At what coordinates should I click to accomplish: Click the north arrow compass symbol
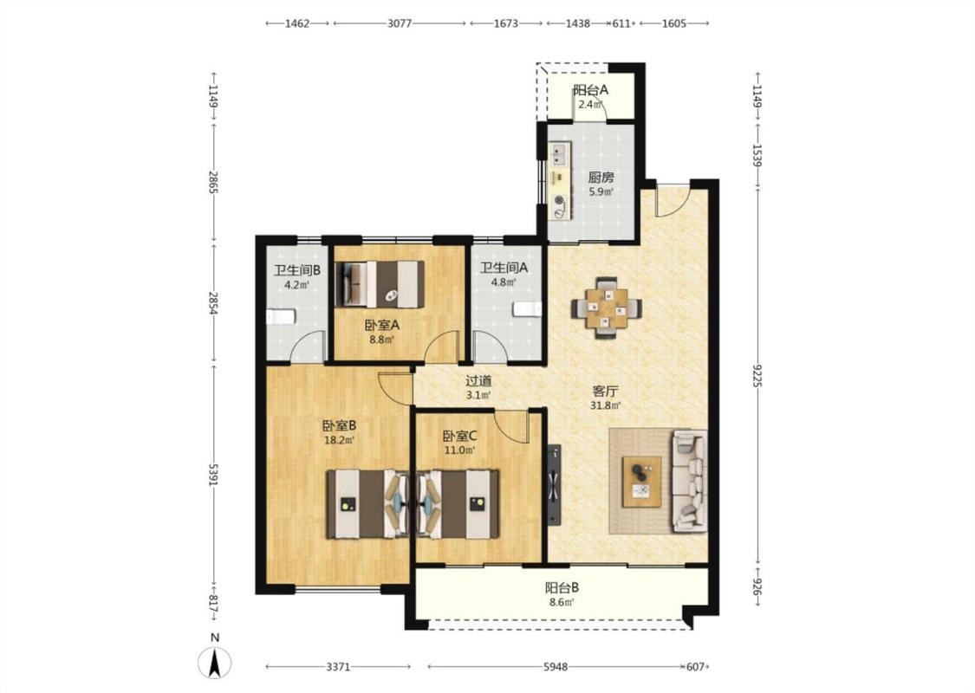(x=215, y=662)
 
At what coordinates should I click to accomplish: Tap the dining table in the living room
(x=607, y=308)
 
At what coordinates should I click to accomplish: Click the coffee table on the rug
(x=641, y=482)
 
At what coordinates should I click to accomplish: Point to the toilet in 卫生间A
(x=528, y=309)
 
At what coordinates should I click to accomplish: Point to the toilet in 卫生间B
(x=281, y=317)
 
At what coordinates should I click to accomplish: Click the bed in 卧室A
(x=380, y=285)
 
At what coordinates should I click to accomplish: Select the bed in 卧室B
(x=367, y=503)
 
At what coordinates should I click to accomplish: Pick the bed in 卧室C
(x=458, y=503)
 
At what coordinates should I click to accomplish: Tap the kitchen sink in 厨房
(x=558, y=156)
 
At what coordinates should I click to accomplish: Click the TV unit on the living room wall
(x=554, y=484)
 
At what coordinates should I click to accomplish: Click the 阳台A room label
(x=591, y=90)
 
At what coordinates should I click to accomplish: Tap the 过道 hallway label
(x=478, y=380)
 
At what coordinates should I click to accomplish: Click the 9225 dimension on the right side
(x=757, y=376)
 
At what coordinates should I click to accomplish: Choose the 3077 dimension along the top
(x=400, y=23)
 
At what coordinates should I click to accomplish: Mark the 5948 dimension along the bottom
(x=556, y=667)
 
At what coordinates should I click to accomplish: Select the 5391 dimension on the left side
(x=214, y=475)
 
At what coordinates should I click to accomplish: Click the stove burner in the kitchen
(x=560, y=205)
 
